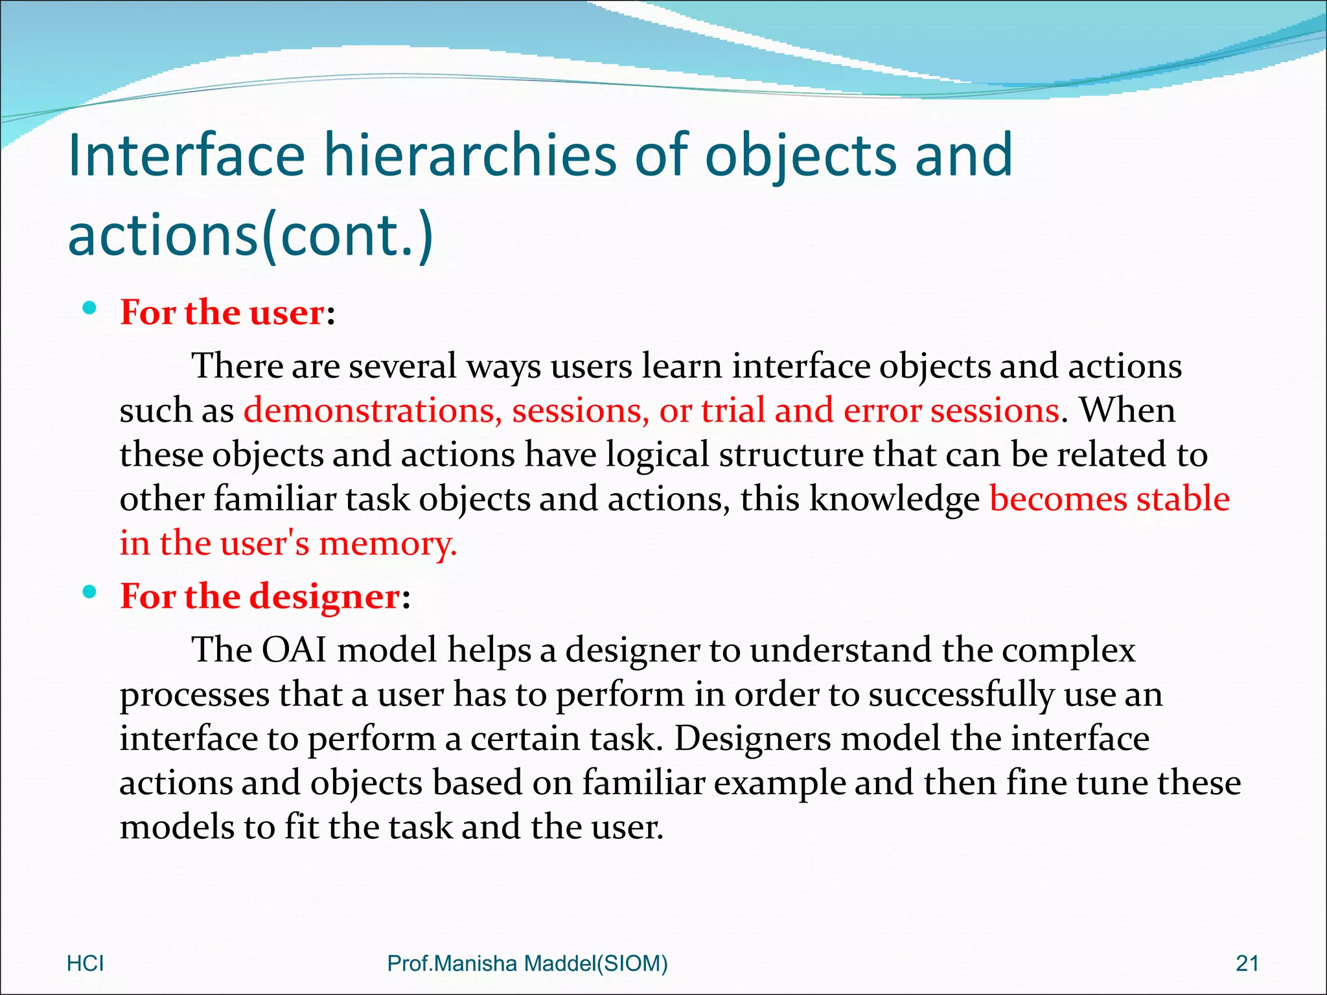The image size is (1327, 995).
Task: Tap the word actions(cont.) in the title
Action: click(250, 234)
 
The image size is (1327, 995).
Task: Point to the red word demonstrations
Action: click(373, 411)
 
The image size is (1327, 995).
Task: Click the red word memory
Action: click(387, 543)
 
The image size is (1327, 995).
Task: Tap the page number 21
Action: click(1247, 963)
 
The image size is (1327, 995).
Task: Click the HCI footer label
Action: click(85, 963)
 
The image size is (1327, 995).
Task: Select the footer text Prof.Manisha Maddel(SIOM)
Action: click(527, 963)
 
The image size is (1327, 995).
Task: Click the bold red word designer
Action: click(324, 597)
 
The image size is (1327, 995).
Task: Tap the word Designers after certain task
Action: click(752, 738)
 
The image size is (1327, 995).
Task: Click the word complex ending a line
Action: click(1068, 650)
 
